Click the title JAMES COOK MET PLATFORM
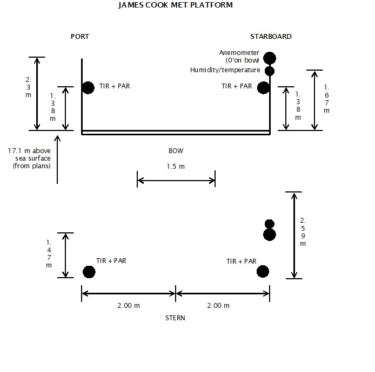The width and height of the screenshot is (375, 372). point(175,5)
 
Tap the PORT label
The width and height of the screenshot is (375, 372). point(80,37)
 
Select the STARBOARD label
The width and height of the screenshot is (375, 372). point(271,37)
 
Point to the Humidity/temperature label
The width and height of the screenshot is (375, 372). point(225,70)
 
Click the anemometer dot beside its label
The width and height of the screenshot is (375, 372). point(270,58)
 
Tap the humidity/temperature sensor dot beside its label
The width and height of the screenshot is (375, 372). point(270,71)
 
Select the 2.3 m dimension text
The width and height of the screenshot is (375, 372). point(29,87)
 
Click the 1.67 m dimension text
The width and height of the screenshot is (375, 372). point(327,99)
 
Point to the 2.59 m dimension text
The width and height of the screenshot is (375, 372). point(303,232)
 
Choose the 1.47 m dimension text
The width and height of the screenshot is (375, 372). point(49,253)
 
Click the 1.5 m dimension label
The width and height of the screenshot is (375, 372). point(176,166)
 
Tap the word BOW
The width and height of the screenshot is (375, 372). point(176,151)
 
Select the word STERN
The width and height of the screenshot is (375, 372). point(175,318)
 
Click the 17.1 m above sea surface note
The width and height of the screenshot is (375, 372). point(29,158)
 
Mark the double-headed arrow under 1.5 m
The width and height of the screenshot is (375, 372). point(176,181)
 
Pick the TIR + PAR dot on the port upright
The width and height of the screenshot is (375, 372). point(88,88)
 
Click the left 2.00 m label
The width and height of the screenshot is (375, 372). point(129,306)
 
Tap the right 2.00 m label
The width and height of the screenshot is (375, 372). point(218,306)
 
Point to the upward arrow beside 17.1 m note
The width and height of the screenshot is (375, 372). point(57,160)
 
